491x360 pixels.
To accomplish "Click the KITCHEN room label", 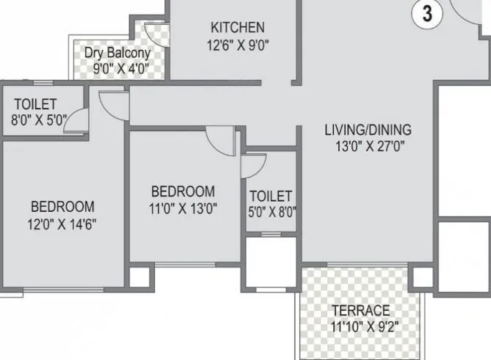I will click(x=237, y=28).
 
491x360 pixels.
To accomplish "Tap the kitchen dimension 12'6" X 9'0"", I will click(x=237, y=44).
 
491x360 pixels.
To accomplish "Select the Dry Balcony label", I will click(x=117, y=53).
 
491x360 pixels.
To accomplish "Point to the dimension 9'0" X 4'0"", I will click(x=120, y=69).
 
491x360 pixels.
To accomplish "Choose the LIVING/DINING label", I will click(x=368, y=130).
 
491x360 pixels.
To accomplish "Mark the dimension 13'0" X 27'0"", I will click(x=368, y=145).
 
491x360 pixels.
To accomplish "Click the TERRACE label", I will click(x=360, y=310).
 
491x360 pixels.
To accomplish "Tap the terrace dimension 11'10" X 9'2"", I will click(x=360, y=326).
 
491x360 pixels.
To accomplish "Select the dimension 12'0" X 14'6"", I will click(x=62, y=223).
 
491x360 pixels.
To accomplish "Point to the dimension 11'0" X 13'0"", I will click(x=183, y=207).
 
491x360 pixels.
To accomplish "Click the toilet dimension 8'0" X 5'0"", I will click(x=34, y=120).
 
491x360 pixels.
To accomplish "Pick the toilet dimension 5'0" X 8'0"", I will click(x=272, y=213).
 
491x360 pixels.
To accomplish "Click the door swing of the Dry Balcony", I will click(x=156, y=34).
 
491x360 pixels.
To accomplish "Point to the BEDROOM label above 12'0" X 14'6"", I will click(x=62, y=206).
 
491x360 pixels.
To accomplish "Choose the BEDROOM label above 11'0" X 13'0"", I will click(x=183, y=191).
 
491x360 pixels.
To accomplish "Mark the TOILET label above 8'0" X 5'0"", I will click(x=34, y=105).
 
